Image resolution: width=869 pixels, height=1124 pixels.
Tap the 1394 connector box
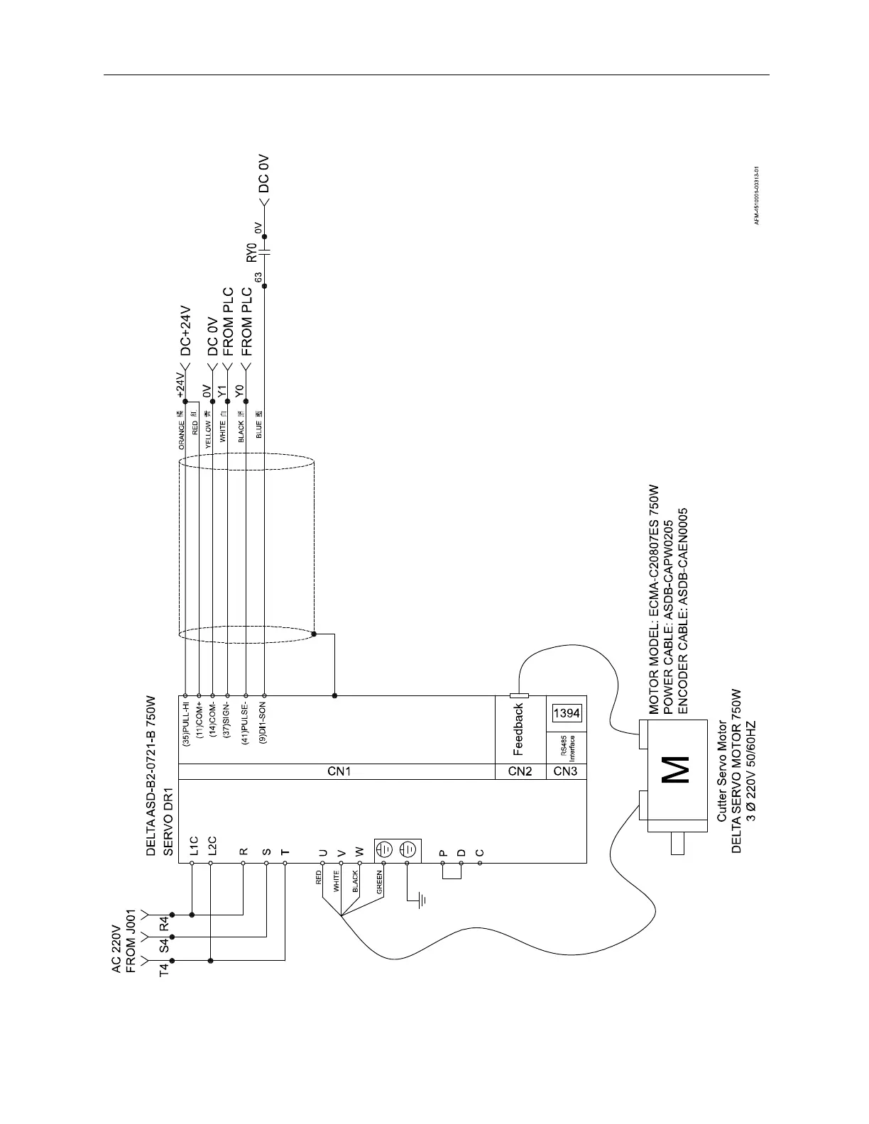pyautogui.click(x=566, y=712)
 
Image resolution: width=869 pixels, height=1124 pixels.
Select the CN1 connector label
pyautogui.click(x=336, y=771)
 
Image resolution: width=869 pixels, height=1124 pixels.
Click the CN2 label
pyautogui.click(x=520, y=771)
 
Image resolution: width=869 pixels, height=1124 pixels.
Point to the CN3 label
pyautogui.click(x=566, y=771)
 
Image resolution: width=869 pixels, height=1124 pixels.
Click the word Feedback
pyautogui.click(x=519, y=728)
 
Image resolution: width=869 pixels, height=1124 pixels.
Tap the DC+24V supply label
pyautogui.click(x=186, y=331)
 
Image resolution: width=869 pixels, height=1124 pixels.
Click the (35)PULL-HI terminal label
pyautogui.click(x=185, y=725)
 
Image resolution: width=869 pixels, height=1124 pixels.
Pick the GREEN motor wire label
pyautogui.click(x=379, y=881)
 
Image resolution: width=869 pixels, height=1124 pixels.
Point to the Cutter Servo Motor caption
pyautogui.click(x=721, y=772)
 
